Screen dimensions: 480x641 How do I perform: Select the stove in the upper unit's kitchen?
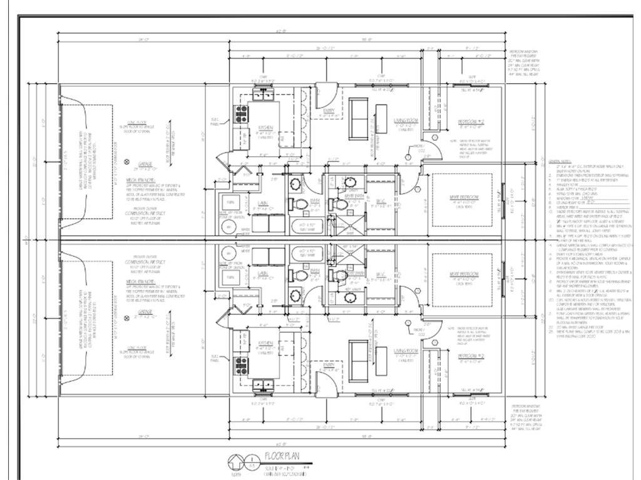(x=240, y=112)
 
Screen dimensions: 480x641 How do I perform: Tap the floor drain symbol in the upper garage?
(x=127, y=160)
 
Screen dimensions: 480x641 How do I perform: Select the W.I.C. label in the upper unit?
(x=381, y=201)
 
